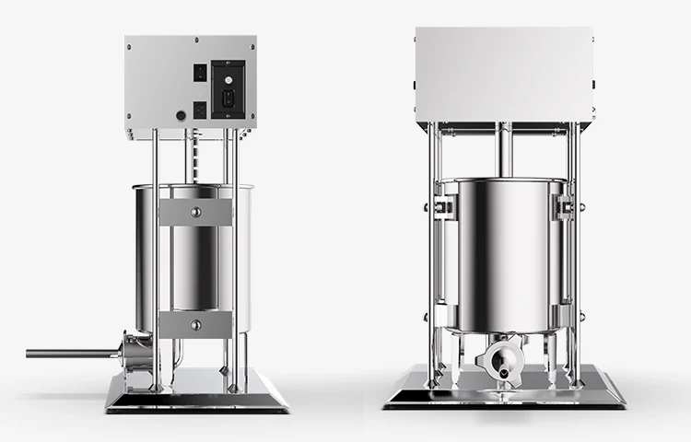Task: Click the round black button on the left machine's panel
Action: click(x=181, y=116)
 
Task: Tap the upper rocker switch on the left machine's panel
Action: click(x=199, y=73)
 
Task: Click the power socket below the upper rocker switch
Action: click(x=199, y=109)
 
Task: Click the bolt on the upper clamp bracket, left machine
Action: click(x=194, y=212)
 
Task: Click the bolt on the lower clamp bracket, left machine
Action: click(x=194, y=323)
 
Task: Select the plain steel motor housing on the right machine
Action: click(x=502, y=74)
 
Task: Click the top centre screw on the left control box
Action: click(x=191, y=41)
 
